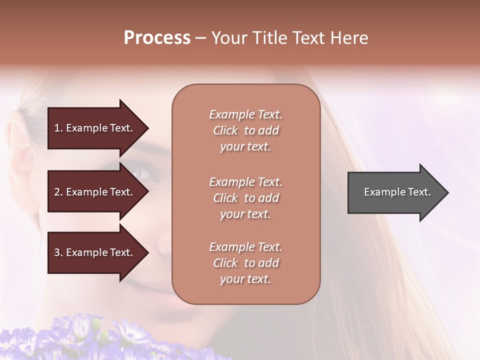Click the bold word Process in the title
(157, 38)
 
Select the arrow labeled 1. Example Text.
(95, 128)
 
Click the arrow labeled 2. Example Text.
(95, 192)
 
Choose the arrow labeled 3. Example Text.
(95, 252)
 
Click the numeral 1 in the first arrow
(57, 128)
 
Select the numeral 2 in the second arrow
(57, 192)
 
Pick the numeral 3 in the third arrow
(57, 252)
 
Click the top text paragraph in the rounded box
(245, 130)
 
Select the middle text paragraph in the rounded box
(245, 198)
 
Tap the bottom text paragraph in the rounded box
(245, 263)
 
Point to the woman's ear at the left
(20, 150)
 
